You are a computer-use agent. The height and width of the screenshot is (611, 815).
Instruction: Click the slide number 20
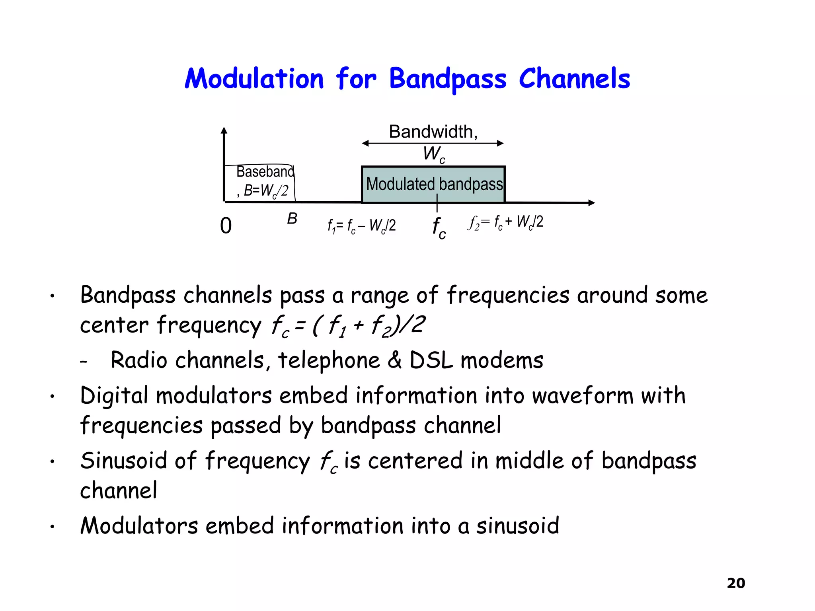pos(735,583)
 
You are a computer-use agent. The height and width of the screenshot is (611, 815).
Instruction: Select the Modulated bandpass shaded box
pos(433,185)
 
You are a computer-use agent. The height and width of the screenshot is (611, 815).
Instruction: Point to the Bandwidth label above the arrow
pos(433,132)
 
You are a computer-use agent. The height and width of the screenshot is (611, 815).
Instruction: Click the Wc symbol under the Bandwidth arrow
pos(433,154)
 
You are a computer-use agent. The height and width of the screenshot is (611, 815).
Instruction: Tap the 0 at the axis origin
pos(226,226)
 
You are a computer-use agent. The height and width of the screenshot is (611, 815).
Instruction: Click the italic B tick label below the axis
pos(292,218)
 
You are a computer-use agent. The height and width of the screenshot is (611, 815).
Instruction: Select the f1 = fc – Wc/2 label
pos(361,226)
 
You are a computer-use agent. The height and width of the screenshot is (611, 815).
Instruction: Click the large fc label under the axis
pos(439,228)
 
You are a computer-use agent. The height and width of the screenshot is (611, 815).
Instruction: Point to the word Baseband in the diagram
pos(265,171)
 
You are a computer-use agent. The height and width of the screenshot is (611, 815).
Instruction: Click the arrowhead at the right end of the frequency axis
pos(591,203)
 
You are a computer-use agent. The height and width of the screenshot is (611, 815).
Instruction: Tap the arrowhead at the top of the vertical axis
pos(224,130)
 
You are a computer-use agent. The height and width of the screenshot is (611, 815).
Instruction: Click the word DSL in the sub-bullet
pos(431,360)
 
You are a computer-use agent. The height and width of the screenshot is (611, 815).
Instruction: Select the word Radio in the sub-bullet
pos(138,360)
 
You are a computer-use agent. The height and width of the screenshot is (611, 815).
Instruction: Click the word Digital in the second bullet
pos(114,396)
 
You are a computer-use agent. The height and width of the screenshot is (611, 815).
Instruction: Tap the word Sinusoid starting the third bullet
pos(123,461)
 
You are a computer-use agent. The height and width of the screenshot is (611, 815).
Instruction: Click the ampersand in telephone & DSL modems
pos(394,360)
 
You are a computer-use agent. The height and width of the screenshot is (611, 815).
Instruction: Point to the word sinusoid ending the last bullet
pos(517,526)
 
